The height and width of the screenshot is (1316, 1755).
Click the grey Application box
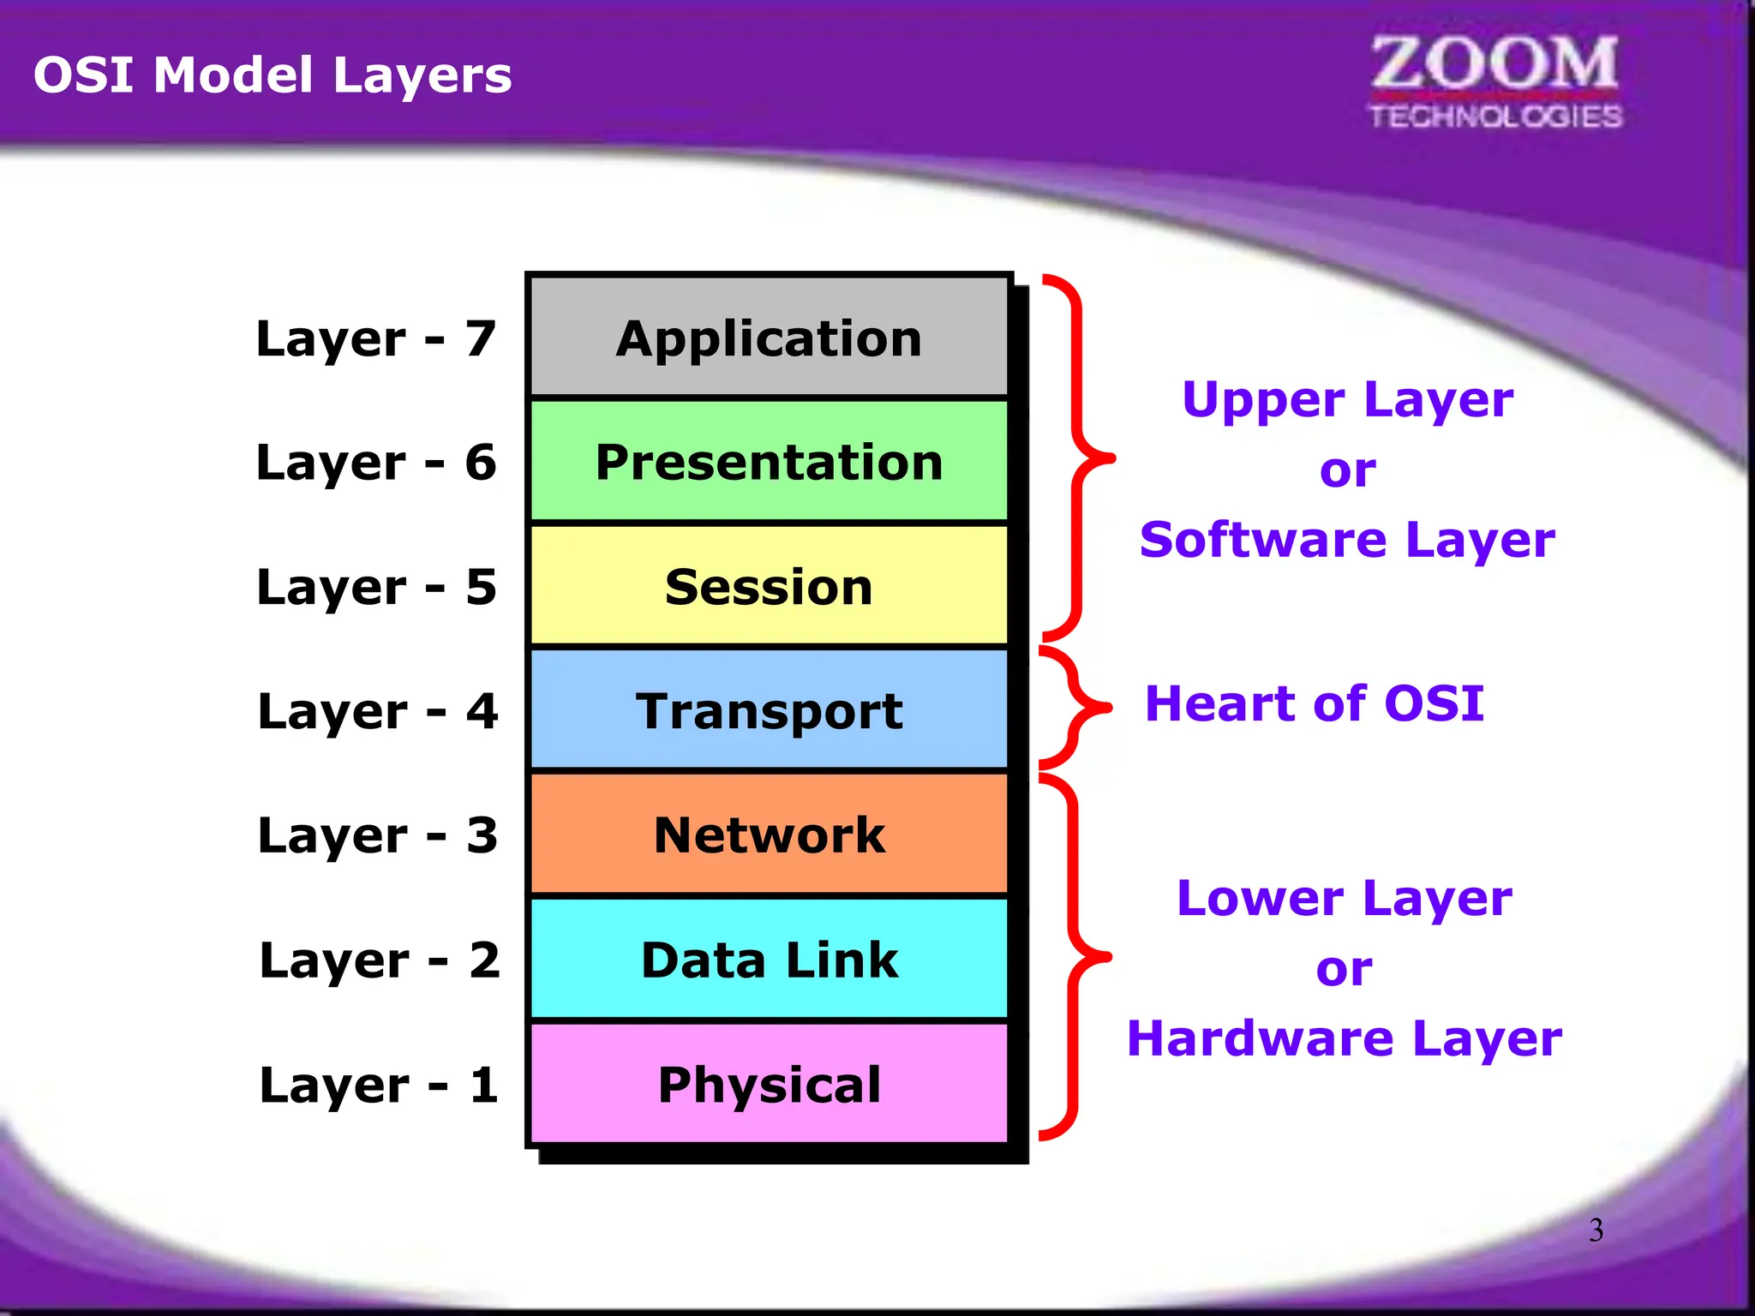point(769,337)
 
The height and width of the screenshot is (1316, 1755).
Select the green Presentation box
point(769,462)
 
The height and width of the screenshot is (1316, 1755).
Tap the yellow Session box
point(769,586)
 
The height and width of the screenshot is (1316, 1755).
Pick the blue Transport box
point(769,710)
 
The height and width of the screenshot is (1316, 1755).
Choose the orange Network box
point(769,834)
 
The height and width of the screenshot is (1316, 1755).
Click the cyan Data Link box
point(769,959)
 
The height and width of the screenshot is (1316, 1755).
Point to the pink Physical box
point(769,1084)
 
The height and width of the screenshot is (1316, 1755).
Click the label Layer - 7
point(376,338)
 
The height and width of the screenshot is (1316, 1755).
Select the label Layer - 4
point(378,711)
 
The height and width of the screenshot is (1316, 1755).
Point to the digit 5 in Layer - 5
point(481,587)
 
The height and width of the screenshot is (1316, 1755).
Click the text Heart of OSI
point(1314,703)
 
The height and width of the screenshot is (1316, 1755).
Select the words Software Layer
point(1346,540)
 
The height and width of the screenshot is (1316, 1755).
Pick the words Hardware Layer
point(1344,1038)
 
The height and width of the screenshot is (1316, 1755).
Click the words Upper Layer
point(1347,400)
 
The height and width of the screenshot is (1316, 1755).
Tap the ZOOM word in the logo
point(1494,63)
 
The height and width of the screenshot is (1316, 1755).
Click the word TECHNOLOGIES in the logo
point(1495,117)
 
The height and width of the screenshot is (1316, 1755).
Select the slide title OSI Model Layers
point(273,75)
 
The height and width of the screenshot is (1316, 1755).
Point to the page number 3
point(1596,1230)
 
